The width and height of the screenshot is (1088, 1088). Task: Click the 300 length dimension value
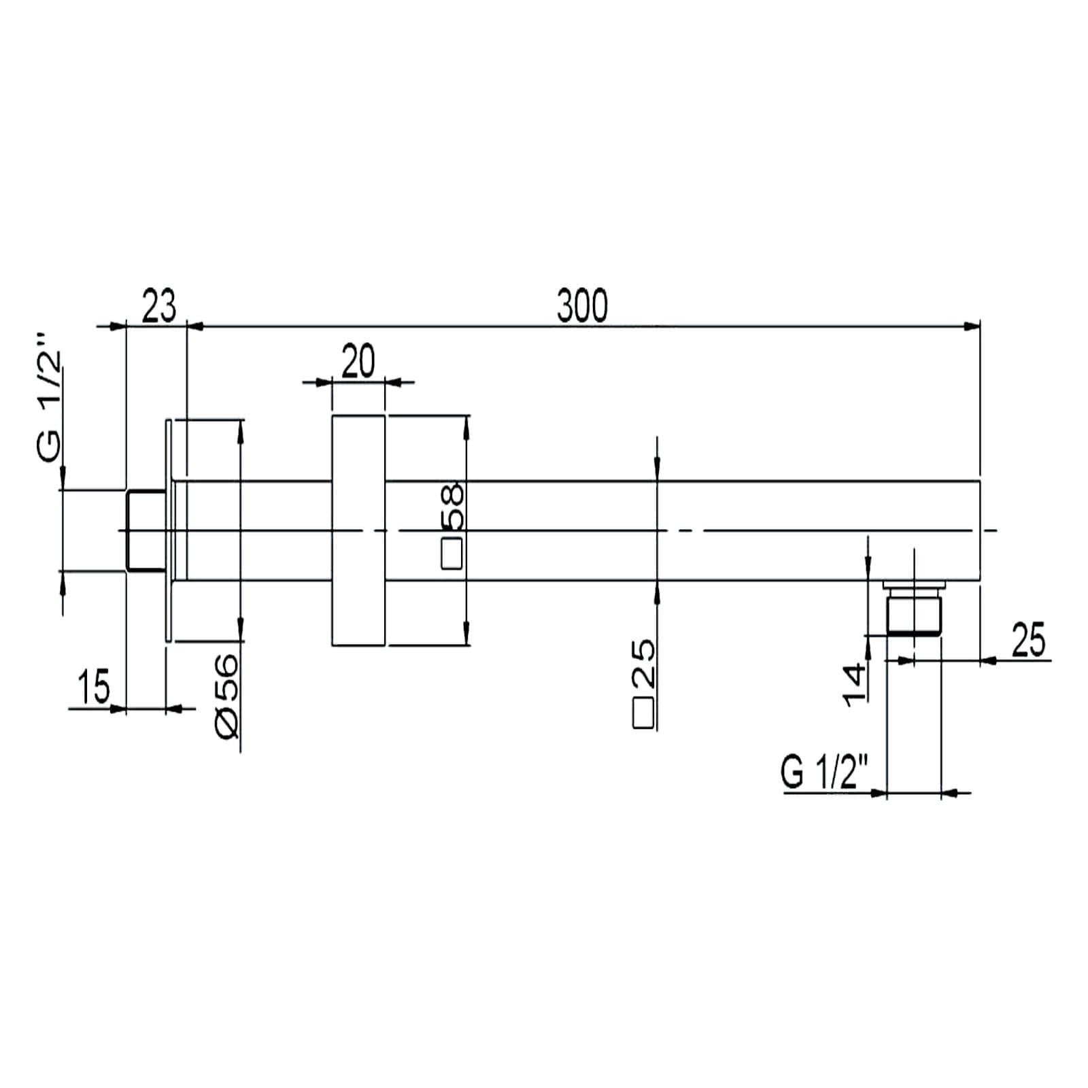coord(582,306)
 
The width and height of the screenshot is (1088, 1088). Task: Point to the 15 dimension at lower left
coord(94,686)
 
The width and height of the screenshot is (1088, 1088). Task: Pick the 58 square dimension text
coord(452,507)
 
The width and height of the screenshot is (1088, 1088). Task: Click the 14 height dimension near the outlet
coord(855,684)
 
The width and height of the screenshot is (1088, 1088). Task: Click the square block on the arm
coord(358,530)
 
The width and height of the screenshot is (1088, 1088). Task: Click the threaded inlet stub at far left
coord(146,530)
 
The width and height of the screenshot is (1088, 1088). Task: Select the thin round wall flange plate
coord(169,530)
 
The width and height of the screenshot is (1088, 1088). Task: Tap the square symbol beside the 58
coord(452,554)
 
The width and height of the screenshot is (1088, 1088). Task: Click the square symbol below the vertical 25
coord(643,713)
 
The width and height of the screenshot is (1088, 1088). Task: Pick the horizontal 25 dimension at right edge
coord(1029,641)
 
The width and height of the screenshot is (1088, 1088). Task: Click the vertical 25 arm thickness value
coord(643,663)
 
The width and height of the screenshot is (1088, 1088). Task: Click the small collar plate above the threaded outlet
coord(914,584)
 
